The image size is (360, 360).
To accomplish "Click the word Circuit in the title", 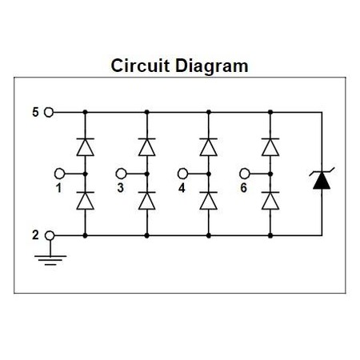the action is point(140,66).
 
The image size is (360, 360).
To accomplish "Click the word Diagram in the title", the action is point(212,66).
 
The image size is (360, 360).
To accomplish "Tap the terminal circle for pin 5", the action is point(49,112).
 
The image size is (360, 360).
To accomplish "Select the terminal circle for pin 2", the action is point(50,235).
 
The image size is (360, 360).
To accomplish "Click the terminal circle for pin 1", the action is point(59,174).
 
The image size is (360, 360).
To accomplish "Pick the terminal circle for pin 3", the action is point(121,174).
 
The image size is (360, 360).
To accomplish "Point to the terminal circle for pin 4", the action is point(182,174).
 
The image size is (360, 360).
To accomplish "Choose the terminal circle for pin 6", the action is point(245,174).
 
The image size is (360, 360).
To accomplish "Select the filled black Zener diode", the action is point(322,179).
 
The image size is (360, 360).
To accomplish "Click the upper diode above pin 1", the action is point(85,147).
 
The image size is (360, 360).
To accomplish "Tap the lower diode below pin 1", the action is point(85,201).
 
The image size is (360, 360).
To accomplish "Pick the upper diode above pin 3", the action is point(146,147).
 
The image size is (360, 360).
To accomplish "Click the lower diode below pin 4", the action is point(209,201).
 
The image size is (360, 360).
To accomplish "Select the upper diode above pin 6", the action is point(270,147).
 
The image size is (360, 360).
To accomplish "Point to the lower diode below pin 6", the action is point(270,201).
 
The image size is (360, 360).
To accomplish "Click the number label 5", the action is point(35,112).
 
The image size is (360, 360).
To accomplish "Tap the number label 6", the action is point(243,188).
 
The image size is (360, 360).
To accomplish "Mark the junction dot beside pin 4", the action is point(209,174).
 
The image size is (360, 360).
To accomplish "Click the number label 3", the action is point(121,188).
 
